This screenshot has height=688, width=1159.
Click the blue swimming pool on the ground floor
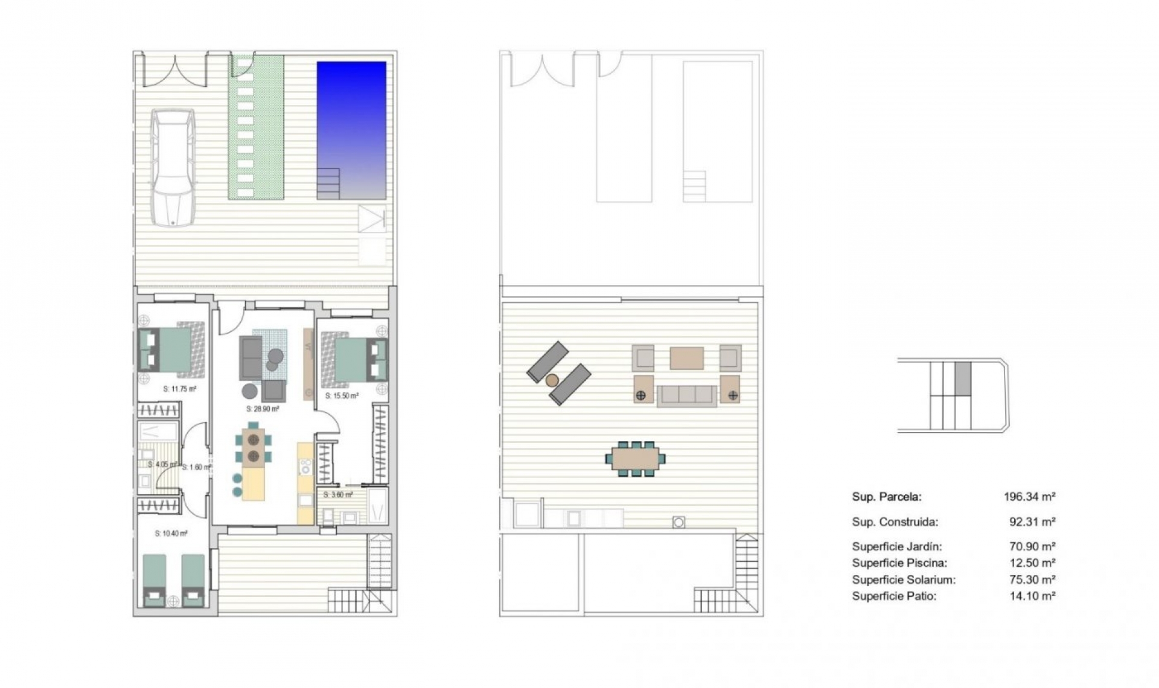tap(351, 121)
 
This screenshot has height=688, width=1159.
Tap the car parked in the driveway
tap(173, 167)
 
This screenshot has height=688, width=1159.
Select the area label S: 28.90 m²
tap(263, 409)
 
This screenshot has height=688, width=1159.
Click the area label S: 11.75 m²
tap(180, 389)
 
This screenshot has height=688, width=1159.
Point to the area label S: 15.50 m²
tap(342, 396)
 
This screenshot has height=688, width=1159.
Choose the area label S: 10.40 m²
tap(171, 534)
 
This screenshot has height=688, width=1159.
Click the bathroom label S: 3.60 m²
tap(338, 495)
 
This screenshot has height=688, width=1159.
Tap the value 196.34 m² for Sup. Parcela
tap(1029, 497)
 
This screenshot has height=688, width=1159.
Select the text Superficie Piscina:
tap(899, 563)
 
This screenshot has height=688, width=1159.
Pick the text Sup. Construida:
tap(895, 522)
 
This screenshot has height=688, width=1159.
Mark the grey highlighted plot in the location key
tap(963, 378)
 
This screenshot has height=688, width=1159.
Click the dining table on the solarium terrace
tap(636, 459)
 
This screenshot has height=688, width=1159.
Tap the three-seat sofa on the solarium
tap(686, 395)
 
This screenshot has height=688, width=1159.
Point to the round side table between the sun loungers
tap(552, 380)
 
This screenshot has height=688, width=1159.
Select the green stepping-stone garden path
tap(256, 127)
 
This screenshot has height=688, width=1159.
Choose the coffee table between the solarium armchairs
tap(686, 357)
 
